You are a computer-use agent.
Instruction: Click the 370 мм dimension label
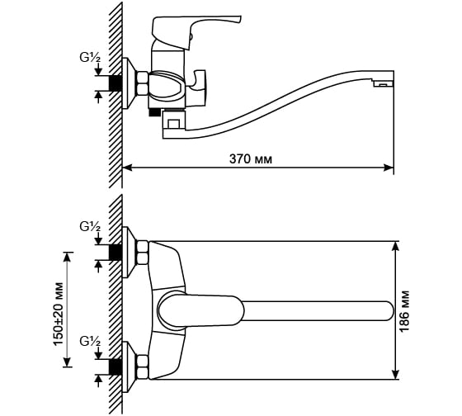click(x=251, y=159)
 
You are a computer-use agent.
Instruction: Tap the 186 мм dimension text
click(x=404, y=311)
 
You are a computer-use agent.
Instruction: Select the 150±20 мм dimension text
click(x=58, y=314)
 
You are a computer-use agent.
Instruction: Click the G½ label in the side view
click(x=90, y=58)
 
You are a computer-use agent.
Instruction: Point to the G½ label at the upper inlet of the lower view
click(x=90, y=227)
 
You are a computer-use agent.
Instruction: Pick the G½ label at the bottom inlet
click(x=90, y=342)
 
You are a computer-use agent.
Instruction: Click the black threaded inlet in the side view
click(x=115, y=83)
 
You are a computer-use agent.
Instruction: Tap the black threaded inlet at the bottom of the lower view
click(x=115, y=367)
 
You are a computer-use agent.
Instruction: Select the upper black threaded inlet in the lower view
click(x=115, y=253)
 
